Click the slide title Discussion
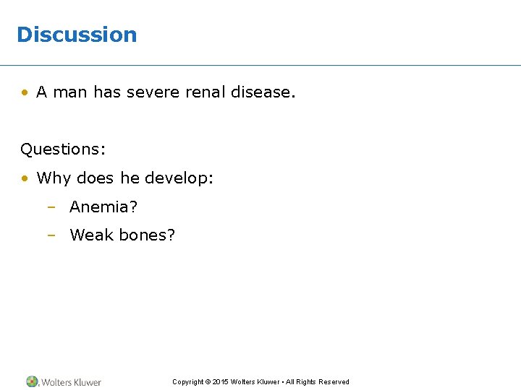point(76,35)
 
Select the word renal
point(205,92)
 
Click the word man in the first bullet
point(69,92)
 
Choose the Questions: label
point(63,149)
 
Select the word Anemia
point(101,207)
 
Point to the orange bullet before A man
point(25,92)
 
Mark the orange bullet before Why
point(25,178)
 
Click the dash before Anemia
point(51,208)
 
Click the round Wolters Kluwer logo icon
point(33,381)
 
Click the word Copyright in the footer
point(187,382)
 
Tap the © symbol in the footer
point(208,382)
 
